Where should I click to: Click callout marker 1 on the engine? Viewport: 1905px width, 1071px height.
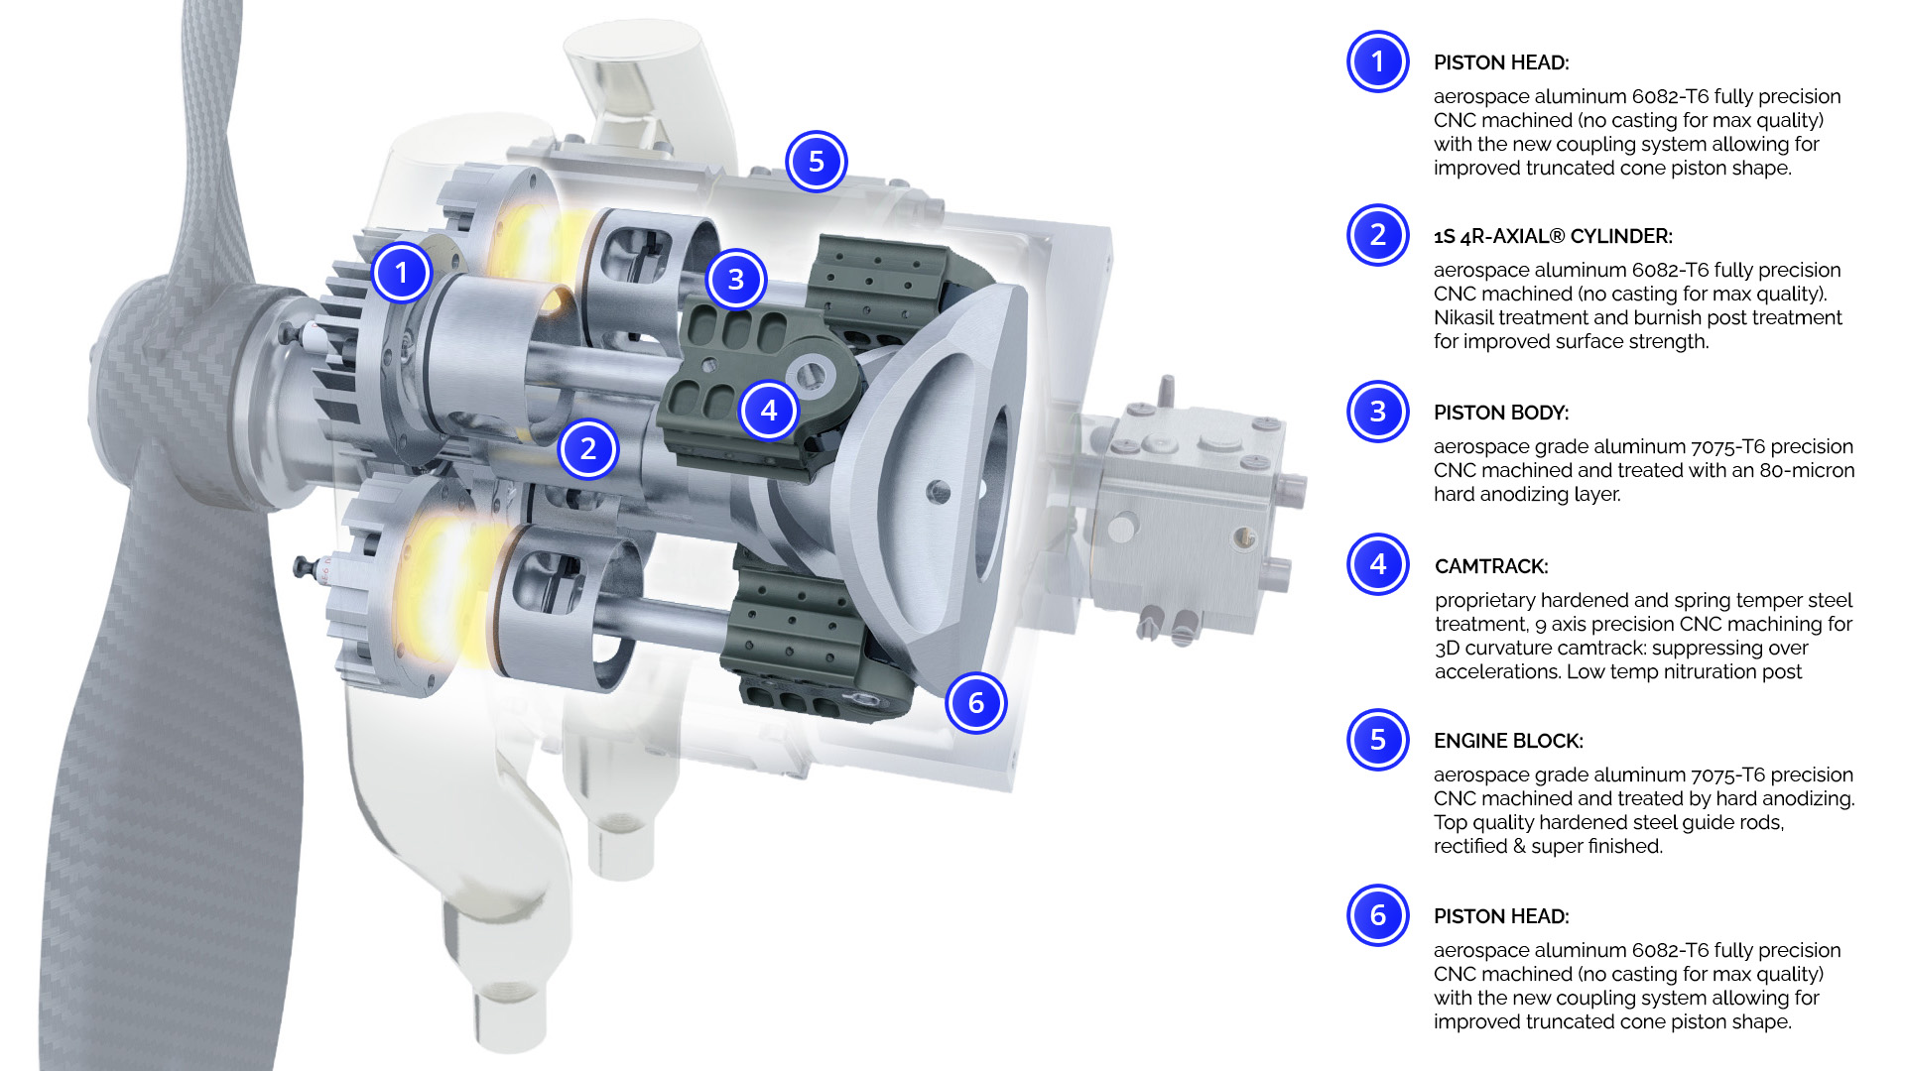[401, 273]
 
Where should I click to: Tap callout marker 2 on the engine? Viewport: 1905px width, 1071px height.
[588, 449]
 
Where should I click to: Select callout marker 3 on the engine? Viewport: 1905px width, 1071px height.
[735, 280]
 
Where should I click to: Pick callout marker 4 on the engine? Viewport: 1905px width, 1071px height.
[769, 410]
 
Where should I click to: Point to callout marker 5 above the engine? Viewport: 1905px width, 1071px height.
[816, 162]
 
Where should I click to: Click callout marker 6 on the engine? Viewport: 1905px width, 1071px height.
[976, 703]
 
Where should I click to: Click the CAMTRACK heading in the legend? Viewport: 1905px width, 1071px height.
[1490, 566]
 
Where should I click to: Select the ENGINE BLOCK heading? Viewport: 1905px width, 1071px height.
[1507, 741]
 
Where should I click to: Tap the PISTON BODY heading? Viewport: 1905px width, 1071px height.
[1500, 413]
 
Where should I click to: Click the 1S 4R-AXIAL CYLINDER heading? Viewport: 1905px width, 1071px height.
[1552, 236]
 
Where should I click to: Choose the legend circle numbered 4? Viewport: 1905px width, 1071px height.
[1377, 564]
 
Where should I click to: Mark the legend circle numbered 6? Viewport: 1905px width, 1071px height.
[1377, 915]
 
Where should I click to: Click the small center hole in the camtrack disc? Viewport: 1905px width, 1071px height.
[939, 490]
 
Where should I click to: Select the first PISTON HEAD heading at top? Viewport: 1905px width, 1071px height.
[1500, 62]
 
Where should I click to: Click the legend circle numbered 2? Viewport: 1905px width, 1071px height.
[1377, 235]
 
